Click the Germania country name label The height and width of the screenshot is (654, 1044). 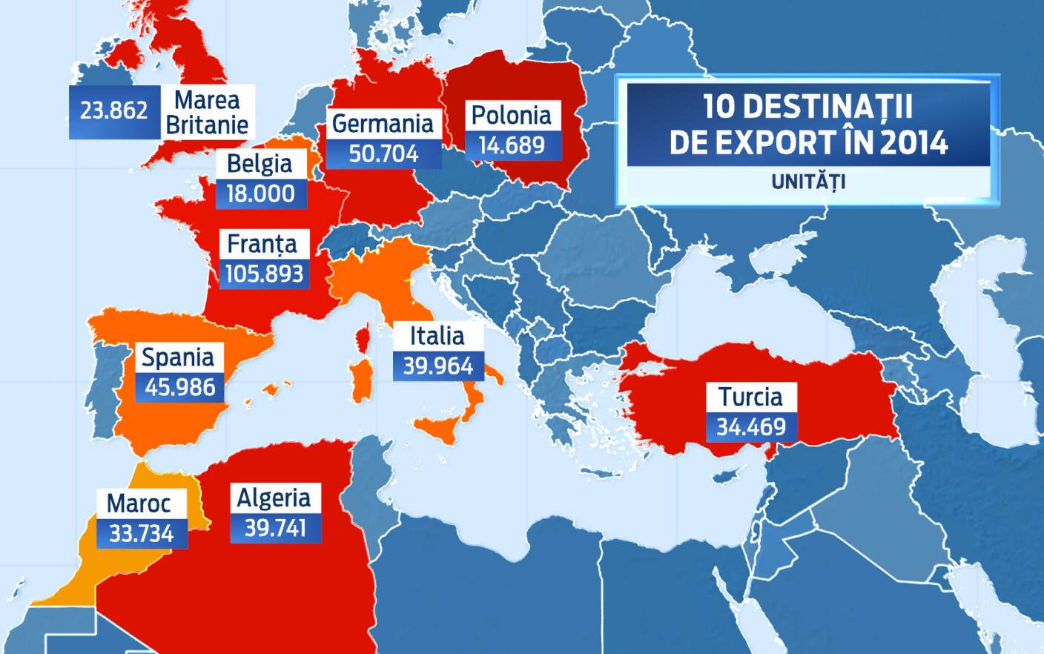pyautogui.click(x=383, y=123)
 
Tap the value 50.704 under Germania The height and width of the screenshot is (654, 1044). pyautogui.click(x=383, y=154)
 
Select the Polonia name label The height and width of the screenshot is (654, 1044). pyautogui.click(x=512, y=116)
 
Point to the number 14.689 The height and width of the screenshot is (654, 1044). pyautogui.click(x=512, y=145)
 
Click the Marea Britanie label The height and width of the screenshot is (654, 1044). pyautogui.click(x=207, y=113)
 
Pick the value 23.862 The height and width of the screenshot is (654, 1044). pyautogui.click(x=114, y=111)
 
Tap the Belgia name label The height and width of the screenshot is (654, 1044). pyautogui.click(x=260, y=163)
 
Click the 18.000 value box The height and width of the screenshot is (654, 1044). pyautogui.click(x=260, y=194)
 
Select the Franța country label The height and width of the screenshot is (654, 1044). pyautogui.click(x=262, y=244)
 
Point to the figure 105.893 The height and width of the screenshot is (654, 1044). pyautogui.click(x=264, y=274)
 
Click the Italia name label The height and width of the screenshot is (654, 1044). pyautogui.click(x=437, y=336)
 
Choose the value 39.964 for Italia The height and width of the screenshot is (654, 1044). pyautogui.click(x=437, y=366)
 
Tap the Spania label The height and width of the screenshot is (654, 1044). pyautogui.click(x=178, y=357)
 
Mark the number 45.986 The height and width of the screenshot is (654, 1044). pyautogui.click(x=179, y=387)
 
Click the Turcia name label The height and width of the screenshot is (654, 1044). pyautogui.click(x=750, y=397)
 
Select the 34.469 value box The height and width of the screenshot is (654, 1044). pyautogui.click(x=750, y=427)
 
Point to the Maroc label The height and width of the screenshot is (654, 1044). pyautogui.click(x=139, y=504)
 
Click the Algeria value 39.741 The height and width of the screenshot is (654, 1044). pyautogui.click(x=275, y=528)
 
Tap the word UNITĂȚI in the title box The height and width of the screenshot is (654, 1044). pyautogui.click(x=808, y=182)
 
